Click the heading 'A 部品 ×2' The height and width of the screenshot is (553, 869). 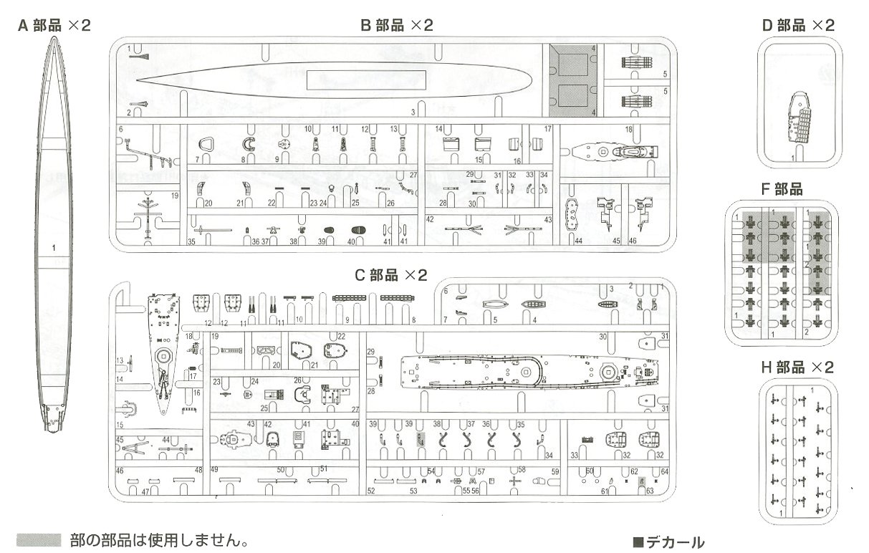click(54, 25)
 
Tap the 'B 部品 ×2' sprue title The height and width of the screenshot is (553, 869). click(397, 25)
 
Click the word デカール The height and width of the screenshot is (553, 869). click(671, 542)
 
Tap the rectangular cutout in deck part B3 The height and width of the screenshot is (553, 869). click(366, 80)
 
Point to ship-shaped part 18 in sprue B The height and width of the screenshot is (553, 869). click(613, 152)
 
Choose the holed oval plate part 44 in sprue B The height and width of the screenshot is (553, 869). click(572, 213)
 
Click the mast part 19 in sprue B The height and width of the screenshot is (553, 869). click(148, 215)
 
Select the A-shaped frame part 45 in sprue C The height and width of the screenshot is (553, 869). click(133, 451)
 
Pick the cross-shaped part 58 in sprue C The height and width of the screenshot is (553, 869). click(514, 481)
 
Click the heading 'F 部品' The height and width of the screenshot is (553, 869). click(782, 190)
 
